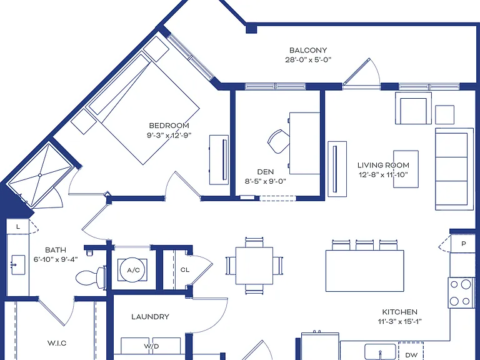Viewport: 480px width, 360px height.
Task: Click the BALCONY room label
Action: pyautogui.click(x=308, y=50)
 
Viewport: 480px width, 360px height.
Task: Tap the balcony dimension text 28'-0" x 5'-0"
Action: pyautogui.click(x=308, y=60)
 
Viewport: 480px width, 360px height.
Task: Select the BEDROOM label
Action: pyautogui.click(x=169, y=126)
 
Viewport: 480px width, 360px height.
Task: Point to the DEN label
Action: pyautogui.click(x=266, y=172)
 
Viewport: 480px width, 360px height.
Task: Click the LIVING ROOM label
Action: pyautogui.click(x=383, y=165)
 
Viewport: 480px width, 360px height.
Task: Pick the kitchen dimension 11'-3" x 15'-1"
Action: pyautogui.click(x=399, y=321)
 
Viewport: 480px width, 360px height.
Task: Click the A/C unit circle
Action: pyautogui.click(x=134, y=270)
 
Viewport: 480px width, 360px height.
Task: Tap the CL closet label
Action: pyautogui.click(x=185, y=270)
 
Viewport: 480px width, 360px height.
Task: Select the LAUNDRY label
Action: pyautogui.click(x=150, y=317)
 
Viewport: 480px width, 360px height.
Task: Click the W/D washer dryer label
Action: pyautogui.click(x=151, y=346)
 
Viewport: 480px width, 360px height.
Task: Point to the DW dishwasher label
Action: pyautogui.click(x=411, y=355)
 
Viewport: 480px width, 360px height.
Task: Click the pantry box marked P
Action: pyautogui.click(x=463, y=244)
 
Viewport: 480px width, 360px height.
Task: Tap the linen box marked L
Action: pyautogui.click(x=18, y=226)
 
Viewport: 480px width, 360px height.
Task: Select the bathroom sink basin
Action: pyautogui.click(x=18, y=265)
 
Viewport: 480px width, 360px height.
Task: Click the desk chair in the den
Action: pyautogui.click(x=279, y=141)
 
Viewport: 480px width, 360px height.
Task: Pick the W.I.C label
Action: pyautogui.click(x=57, y=343)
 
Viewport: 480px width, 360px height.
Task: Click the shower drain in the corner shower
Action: pyautogui.click(x=40, y=176)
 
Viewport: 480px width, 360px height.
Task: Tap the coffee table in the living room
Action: pyautogui.click(x=406, y=169)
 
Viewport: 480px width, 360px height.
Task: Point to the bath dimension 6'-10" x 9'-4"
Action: pyautogui.click(x=56, y=259)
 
